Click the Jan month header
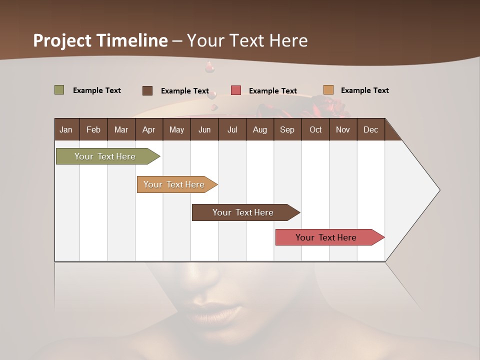(x=66, y=129)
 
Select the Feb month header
(x=93, y=129)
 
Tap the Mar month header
(x=121, y=129)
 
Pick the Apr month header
(x=149, y=129)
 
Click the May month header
(x=176, y=129)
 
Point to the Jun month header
(x=204, y=129)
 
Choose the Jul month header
(x=232, y=129)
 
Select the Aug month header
(x=260, y=129)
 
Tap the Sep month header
(x=287, y=129)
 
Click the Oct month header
(x=315, y=129)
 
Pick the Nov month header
(x=343, y=129)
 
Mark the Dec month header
(x=371, y=129)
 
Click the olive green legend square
(x=59, y=90)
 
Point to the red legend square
(x=236, y=90)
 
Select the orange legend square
(x=328, y=90)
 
